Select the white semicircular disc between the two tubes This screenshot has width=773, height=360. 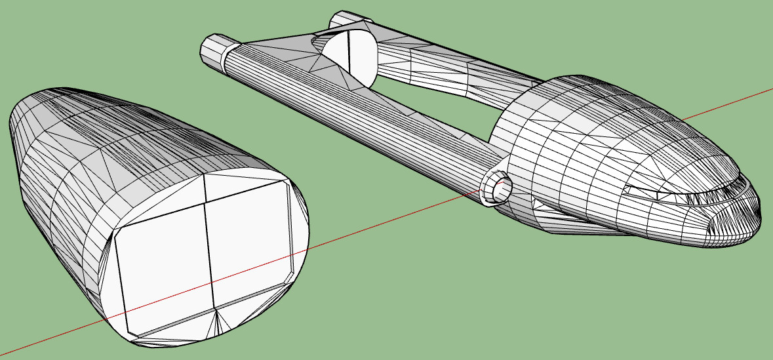tap(351, 56)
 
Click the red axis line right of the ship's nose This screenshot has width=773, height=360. tap(728, 105)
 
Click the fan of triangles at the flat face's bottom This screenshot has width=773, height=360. tap(216, 321)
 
